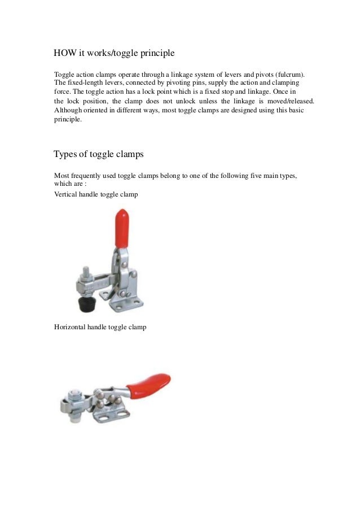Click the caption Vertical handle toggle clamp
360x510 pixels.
[96, 194]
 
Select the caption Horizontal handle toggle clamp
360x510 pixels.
[100, 326]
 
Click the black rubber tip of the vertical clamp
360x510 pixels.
[85, 304]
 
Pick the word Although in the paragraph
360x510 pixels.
[68, 110]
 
